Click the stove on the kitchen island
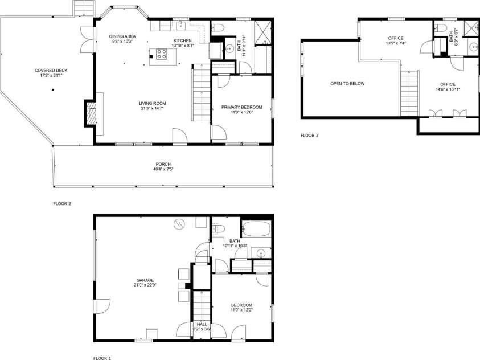[x=161, y=55]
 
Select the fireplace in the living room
[x=90, y=113]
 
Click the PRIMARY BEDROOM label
[x=242, y=107]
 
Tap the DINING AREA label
[x=122, y=36]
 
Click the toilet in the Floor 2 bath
[x=220, y=27]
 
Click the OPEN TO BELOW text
[x=347, y=84]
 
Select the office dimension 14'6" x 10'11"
[x=448, y=89]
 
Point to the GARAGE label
[x=145, y=280]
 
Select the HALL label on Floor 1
[x=202, y=324]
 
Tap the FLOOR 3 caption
[x=310, y=136]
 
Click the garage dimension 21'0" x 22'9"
[x=145, y=285]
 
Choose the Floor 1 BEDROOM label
[x=241, y=305]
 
